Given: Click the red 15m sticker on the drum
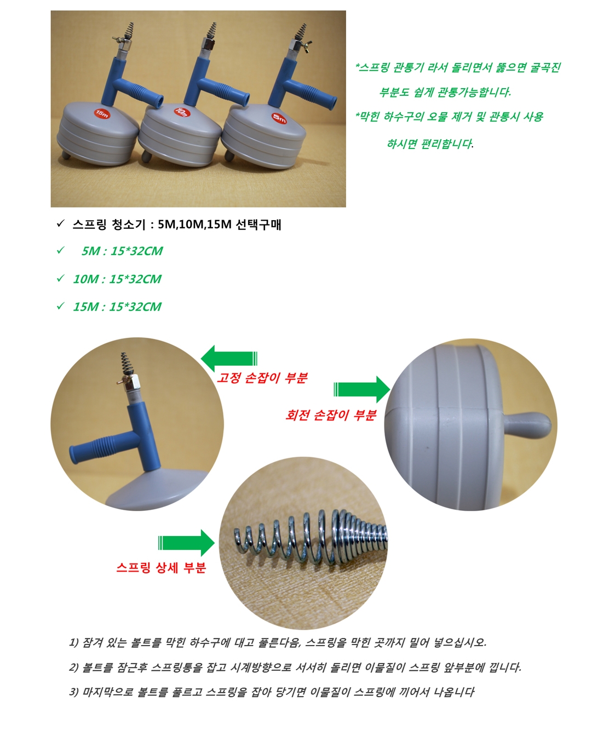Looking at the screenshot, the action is [102, 114].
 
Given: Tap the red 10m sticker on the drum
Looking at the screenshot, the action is [182, 112].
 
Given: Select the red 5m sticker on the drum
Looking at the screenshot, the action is [279, 118].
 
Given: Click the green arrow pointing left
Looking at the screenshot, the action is [229, 358].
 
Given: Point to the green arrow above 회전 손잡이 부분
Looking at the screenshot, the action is [362, 389].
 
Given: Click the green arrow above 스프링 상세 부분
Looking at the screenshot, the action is [187, 543].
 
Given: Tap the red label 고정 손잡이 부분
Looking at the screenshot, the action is [262, 378].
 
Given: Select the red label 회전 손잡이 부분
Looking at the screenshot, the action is [331, 415].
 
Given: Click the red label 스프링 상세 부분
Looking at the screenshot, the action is [161, 568].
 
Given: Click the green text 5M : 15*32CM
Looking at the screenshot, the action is [122, 251].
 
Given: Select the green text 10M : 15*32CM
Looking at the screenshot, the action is [117, 279].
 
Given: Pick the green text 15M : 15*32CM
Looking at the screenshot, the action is [117, 307].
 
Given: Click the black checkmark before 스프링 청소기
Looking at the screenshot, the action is [60, 223].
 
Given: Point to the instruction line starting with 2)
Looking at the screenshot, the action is [295, 667].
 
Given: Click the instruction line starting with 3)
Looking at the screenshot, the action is [272, 692].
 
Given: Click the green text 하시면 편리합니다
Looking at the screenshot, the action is [430, 143].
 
